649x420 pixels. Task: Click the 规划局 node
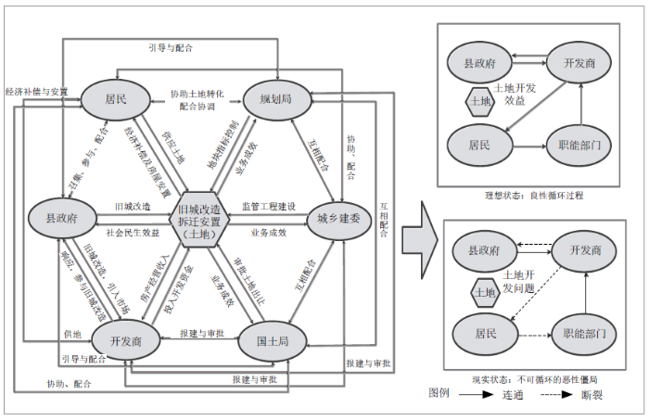pyautogui.click(x=275, y=96)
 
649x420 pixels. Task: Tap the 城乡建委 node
pyautogui.click(x=337, y=219)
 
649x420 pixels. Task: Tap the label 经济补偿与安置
pyautogui.click(x=36, y=92)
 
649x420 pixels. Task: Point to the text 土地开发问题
pyautogui.click(x=519, y=282)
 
